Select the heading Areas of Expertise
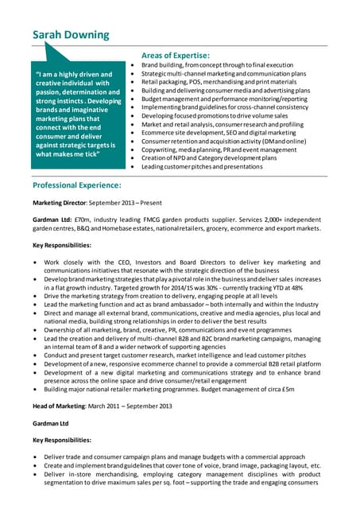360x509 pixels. [x=175, y=55]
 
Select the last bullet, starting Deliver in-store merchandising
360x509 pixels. [x=182, y=474]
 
